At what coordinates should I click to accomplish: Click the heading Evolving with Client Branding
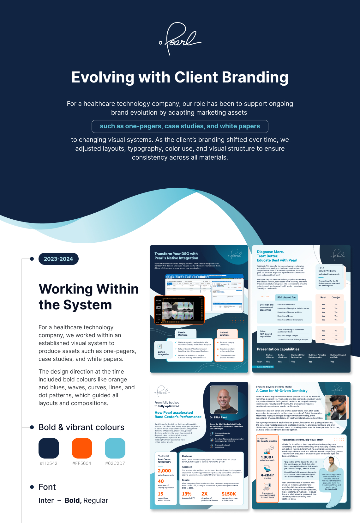180,77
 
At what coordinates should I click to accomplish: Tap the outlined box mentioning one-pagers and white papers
180,126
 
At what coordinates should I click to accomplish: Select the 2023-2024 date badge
58,259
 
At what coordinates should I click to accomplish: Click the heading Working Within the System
88,297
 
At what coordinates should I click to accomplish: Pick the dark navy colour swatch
49,448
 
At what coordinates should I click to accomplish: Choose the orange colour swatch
82,448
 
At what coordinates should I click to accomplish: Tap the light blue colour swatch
115,448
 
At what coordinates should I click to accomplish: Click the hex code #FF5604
82,463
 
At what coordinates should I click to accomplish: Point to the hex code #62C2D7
115,463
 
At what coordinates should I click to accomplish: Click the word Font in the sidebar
47,487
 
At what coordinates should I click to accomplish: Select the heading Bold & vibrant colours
81,427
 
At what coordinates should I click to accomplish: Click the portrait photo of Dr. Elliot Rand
224,400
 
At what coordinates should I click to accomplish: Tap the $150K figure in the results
229,494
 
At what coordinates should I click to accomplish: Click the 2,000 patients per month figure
164,471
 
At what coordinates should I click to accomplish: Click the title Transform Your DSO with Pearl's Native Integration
176,256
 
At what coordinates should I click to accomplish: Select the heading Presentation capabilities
278,349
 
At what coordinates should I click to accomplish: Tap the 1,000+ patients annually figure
267,457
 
